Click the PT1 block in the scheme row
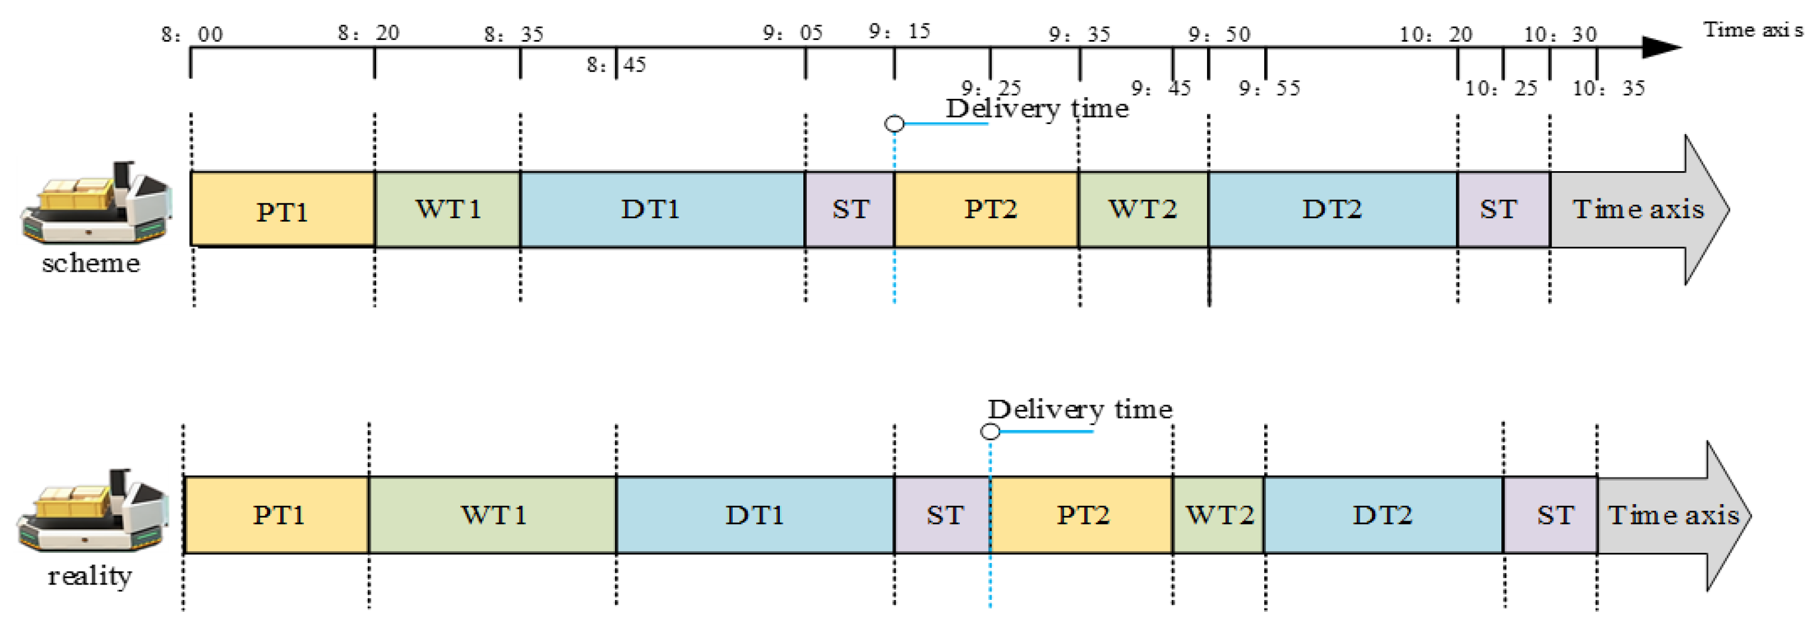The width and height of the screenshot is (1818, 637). click(x=282, y=209)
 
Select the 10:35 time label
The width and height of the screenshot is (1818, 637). click(x=1608, y=88)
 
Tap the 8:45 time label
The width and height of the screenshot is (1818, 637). click(x=616, y=65)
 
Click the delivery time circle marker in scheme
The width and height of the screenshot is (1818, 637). click(x=894, y=124)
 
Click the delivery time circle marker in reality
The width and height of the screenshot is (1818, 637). click(x=990, y=431)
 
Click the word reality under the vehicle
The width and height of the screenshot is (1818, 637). click(x=89, y=576)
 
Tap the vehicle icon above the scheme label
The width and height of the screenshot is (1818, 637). click(x=95, y=202)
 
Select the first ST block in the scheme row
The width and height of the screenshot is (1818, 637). click(x=850, y=209)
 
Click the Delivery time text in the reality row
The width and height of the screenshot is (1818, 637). click(x=1080, y=409)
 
